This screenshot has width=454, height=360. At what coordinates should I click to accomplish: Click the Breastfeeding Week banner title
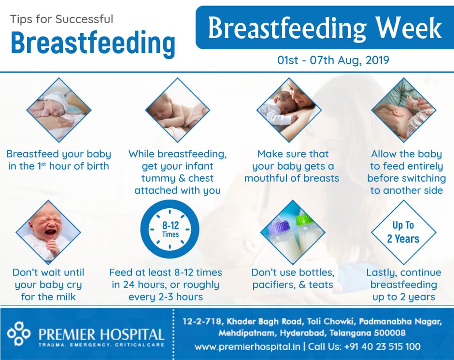[x=325, y=28]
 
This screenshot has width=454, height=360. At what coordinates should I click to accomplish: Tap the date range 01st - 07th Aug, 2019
[x=333, y=60]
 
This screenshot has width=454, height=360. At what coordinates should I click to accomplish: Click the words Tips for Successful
[x=61, y=19]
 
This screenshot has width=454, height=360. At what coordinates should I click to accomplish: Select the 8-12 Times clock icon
[x=170, y=229]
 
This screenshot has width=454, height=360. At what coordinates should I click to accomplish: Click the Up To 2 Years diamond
[x=403, y=232]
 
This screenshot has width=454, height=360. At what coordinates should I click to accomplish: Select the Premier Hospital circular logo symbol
[x=18, y=333]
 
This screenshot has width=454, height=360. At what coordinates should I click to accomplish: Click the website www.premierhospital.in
[x=247, y=346]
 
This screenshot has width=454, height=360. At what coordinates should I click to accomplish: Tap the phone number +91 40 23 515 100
[x=382, y=346]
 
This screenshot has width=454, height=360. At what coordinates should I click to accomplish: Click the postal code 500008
[x=389, y=333]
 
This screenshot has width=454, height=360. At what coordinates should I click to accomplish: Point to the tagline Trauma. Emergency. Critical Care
[x=101, y=345]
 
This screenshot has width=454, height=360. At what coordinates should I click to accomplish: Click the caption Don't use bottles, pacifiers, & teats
[x=293, y=278]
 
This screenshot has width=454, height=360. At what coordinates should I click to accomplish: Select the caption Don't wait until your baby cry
[x=48, y=285]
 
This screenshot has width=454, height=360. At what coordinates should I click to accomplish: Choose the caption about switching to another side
[x=407, y=172]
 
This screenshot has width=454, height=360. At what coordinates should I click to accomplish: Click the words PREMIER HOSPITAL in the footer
[x=101, y=334]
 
